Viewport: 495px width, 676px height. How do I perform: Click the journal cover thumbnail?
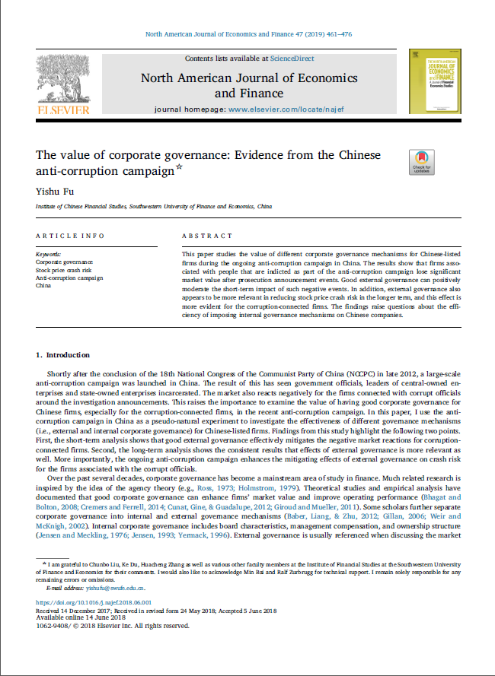(434, 81)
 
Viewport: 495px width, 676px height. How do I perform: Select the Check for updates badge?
(421, 162)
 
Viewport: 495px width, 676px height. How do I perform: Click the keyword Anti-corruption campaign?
(69, 278)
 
